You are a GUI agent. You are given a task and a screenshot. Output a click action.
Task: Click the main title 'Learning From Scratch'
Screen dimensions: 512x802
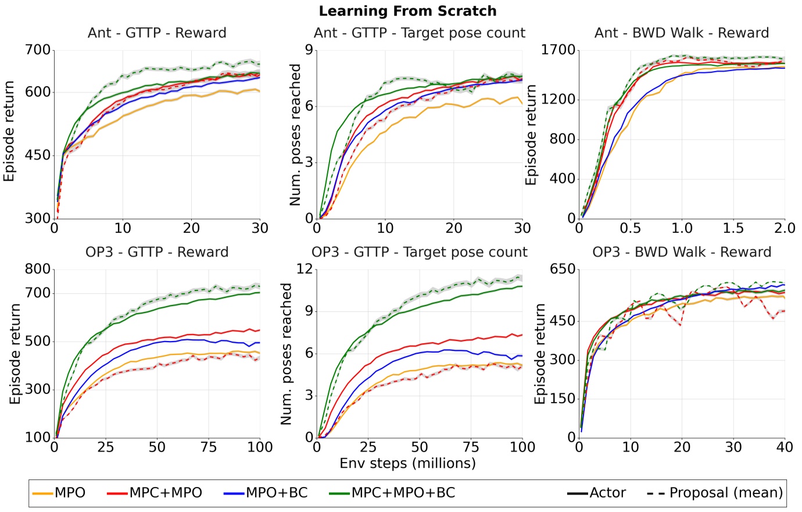pos(407,11)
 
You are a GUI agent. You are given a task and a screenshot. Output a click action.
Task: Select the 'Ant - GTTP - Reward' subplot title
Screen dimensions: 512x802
pos(157,33)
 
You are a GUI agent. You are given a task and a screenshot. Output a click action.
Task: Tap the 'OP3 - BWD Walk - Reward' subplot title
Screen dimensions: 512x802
pos(682,252)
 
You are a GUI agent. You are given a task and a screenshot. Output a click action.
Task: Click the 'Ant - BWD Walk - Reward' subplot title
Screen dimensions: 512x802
pos(682,33)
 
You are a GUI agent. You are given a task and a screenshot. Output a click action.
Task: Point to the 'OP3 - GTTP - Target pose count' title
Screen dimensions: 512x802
pos(419,252)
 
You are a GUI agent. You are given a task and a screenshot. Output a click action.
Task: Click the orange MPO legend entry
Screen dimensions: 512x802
pos(59,493)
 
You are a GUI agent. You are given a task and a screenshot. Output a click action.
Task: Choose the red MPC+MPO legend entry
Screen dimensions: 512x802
pos(155,493)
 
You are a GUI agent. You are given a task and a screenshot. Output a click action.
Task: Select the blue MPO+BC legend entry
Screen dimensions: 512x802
pos(266,493)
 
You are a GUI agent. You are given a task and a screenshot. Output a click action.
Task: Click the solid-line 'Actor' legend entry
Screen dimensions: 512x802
pos(597,493)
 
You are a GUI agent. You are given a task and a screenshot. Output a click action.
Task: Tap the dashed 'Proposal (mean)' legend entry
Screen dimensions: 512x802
pos(715,493)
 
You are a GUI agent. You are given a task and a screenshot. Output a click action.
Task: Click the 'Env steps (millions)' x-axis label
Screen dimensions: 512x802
pos(407,463)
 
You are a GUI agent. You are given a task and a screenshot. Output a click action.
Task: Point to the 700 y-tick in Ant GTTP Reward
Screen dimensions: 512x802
pos(38,50)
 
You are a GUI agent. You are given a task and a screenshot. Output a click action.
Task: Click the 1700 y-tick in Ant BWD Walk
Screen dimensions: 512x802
pos(558,50)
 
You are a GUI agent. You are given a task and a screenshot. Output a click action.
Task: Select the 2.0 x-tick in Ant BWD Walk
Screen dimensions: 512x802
pos(785,228)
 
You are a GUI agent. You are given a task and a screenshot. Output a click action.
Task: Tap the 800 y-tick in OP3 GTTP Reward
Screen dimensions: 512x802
pos(38,269)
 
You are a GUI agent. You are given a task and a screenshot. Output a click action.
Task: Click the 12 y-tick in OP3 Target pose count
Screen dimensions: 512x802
pos(305,269)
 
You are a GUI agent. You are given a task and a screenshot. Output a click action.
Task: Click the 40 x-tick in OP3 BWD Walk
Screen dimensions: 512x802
pos(785,447)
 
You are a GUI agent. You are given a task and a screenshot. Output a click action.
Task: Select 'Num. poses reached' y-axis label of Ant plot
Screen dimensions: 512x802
pos(295,135)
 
